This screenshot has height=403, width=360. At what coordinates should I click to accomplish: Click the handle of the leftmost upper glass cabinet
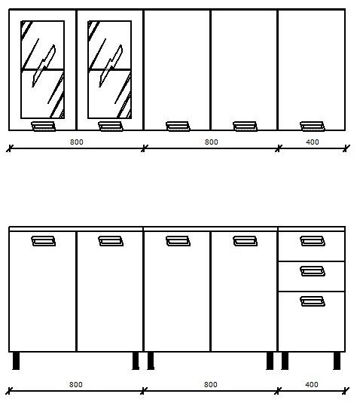coord(44,127)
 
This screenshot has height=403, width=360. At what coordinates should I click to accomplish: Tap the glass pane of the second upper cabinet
coord(110,69)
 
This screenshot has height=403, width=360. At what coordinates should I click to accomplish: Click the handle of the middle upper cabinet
coord(178,127)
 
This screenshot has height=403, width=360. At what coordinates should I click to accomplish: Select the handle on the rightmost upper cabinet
coord(313,127)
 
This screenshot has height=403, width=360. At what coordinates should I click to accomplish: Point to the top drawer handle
coord(313,241)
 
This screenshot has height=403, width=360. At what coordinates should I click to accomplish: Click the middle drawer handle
coord(313,271)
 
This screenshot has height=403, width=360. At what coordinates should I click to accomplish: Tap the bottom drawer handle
coord(313,301)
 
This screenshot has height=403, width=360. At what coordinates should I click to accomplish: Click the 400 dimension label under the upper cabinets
coord(313,142)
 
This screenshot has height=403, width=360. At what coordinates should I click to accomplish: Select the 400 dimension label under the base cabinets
coord(312,384)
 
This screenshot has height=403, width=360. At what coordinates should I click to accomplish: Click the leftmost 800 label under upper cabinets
coord(77,142)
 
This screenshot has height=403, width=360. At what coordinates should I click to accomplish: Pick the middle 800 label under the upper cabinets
coord(211,142)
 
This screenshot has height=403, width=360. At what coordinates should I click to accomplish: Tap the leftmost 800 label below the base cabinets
coord(76,384)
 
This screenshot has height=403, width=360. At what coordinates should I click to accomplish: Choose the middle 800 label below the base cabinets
coord(210,384)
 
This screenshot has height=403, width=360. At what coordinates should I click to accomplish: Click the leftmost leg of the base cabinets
coord(16,361)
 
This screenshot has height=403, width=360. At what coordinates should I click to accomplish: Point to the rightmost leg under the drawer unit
coord(337,361)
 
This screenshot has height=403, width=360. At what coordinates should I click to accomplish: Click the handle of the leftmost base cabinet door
coord(44,241)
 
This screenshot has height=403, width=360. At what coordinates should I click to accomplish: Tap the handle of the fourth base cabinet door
coord(245,241)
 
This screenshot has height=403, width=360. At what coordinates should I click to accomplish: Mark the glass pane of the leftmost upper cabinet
coord(43,69)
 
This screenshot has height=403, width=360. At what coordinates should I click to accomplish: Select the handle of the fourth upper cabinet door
coord(245,127)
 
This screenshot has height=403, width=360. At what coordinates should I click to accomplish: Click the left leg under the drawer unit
coord(285,361)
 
